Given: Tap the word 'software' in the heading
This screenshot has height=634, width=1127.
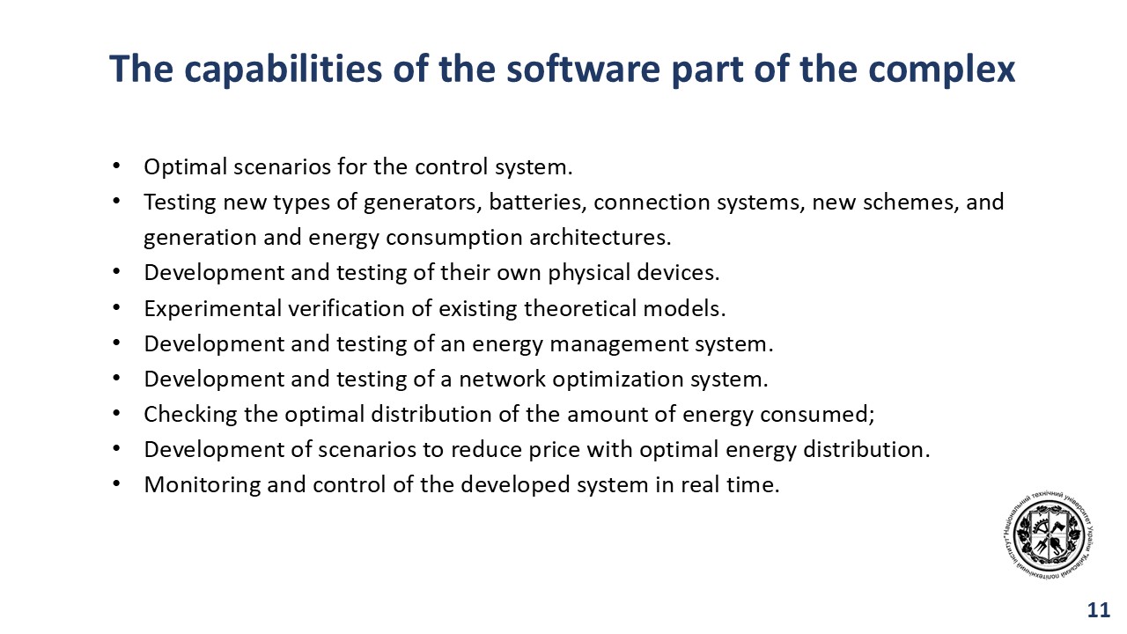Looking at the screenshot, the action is pyautogui.click(x=583, y=69).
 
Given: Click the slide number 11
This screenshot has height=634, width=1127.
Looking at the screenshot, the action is pyautogui.click(x=1098, y=610).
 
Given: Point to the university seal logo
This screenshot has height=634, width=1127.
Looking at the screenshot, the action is pyautogui.click(x=1049, y=536).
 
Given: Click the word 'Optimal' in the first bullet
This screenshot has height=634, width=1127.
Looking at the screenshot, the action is pyautogui.click(x=186, y=167).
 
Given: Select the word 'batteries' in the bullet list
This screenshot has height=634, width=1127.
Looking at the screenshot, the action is pyautogui.click(x=537, y=203).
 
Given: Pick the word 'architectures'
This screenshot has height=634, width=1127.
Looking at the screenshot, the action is pyautogui.click(x=600, y=238).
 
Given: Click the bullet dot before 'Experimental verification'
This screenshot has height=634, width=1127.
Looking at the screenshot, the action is pyautogui.click(x=117, y=308).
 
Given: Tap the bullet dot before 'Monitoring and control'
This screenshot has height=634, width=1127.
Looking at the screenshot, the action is pyautogui.click(x=117, y=484).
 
